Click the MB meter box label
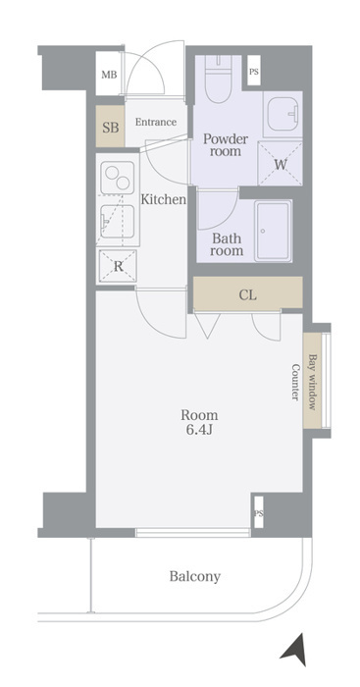pyautogui.click(x=109, y=75)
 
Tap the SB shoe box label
pyautogui.click(x=111, y=128)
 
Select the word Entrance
pyautogui.click(x=155, y=122)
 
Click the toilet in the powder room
pyautogui.click(x=218, y=79)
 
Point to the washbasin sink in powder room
pyautogui.click(x=283, y=114)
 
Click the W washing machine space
pyautogui.click(x=281, y=164)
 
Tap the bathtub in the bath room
pyautogui.click(x=274, y=231)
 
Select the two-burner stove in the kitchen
pyautogui.click(x=118, y=178)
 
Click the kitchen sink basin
pyautogui.click(x=117, y=222)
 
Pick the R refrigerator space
pyautogui.click(x=118, y=266)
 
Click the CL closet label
pyautogui.click(x=247, y=295)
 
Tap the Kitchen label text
pyautogui.click(x=164, y=200)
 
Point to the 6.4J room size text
pyautogui.click(x=199, y=430)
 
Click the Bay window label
pyautogui.click(x=312, y=382)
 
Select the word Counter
pyautogui.click(x=295, y=382)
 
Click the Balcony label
pyautogui.click(x=195, y=576)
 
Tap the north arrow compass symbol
pyautogui.click(x=294, y=650)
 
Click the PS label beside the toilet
pyautogui.click(x=254, y=71)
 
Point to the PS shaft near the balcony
pyautogui.click(x=258, y=513)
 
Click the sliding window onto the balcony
pyautogui.click(x=192, y=532)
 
